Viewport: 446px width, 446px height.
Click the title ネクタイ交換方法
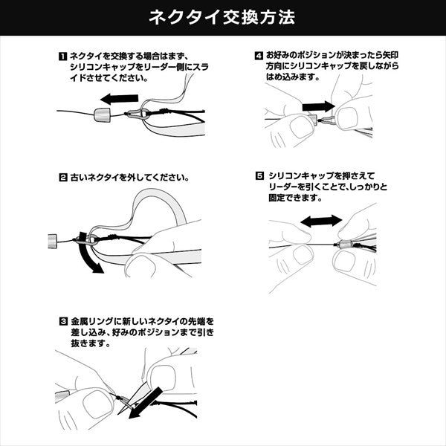coord(222,16)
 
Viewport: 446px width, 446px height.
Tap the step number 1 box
coord(62,56)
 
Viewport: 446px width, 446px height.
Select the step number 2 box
coord(62,178)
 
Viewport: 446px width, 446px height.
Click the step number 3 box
coord(62,322)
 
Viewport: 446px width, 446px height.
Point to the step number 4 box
coord(259,56)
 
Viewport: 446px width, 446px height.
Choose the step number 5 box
coord(259,176)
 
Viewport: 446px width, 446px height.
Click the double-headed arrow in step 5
coord(321,221)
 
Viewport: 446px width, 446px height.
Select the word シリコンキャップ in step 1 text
coord(97,67)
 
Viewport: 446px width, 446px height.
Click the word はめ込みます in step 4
coord(285,78)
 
